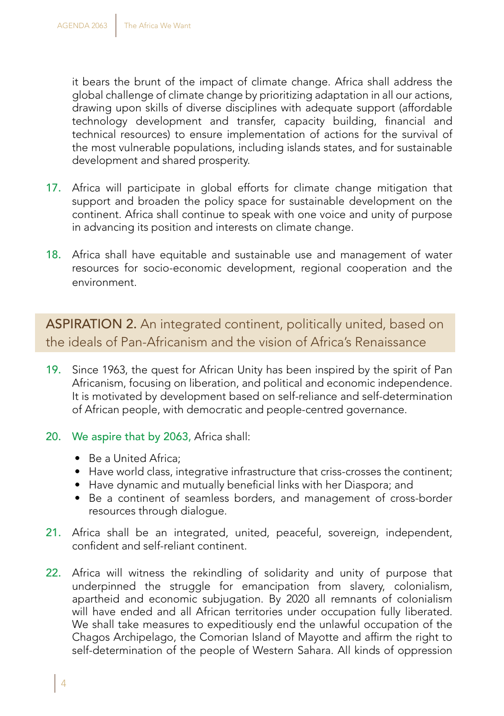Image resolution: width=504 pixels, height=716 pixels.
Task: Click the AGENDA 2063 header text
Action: [x=82, y=25]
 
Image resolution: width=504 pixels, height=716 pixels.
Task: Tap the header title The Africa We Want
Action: [x=157, y=25]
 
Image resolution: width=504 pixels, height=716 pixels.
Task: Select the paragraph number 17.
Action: [x=53, y=188]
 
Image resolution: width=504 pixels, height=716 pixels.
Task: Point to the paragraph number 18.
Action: [x=53, y=255]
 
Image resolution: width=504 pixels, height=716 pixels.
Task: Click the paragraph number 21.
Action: [x=53, y=532]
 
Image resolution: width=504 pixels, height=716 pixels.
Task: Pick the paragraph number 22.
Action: [x=53, y=573]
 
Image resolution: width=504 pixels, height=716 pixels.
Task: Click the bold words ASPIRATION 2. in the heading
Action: [x=91, y=324]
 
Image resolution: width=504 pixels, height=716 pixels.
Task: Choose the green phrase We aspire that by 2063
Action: [x=131, y=436]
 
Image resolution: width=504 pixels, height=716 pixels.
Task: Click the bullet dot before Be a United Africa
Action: [x=78, y=459]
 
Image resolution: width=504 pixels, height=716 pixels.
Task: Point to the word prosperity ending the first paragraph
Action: [x=223, y=160]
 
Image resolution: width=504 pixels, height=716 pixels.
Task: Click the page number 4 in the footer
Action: [x=64, y=683]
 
